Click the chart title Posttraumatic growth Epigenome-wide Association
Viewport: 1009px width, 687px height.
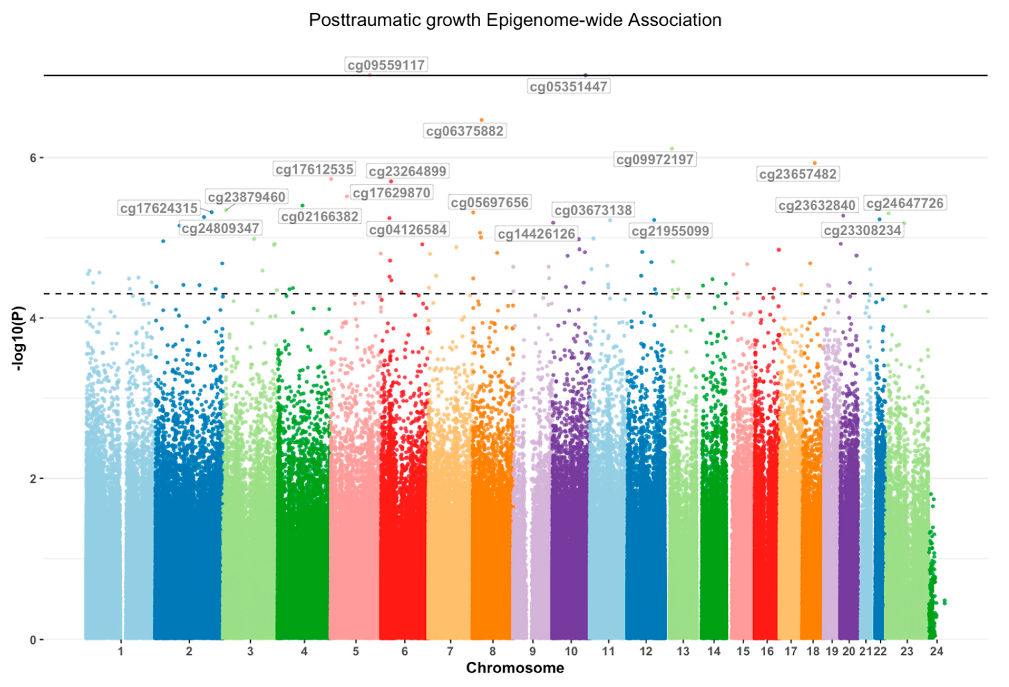tap(515, 20)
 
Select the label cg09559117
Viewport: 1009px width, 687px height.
tap(386, 65)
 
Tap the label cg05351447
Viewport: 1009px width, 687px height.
tap(568, 86)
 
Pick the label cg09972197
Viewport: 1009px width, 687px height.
tap(655, 159)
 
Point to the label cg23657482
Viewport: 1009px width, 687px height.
tap(797, 174)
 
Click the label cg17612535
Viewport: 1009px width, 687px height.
tap(314, 169)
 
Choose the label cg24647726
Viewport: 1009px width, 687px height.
tap(905, 203)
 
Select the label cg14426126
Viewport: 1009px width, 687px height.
tap(536, 234)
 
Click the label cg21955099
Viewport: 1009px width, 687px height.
tap(670, 231)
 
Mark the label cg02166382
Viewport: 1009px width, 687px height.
tap(320, 216)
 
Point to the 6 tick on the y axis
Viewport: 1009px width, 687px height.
tap(33, 158)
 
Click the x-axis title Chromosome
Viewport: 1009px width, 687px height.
tap(515, 668)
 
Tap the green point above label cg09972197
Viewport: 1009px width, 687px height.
tap(672, 149)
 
